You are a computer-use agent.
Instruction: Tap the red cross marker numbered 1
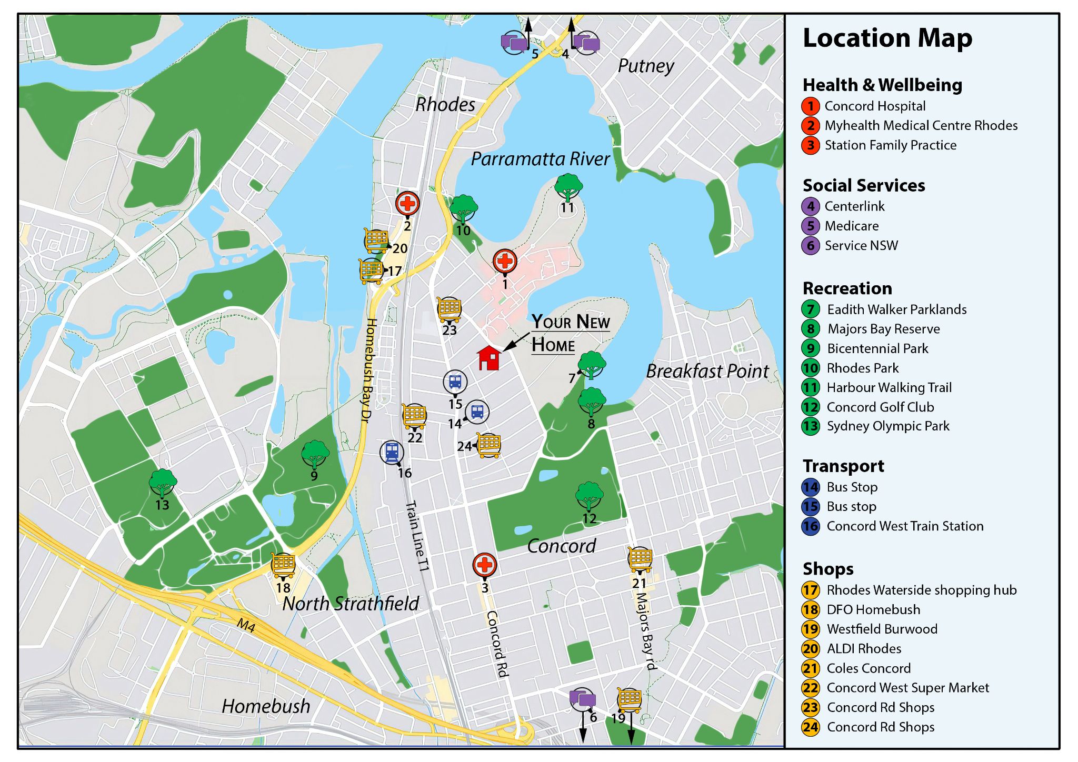[505, 261]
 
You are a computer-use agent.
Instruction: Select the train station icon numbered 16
[392, 452]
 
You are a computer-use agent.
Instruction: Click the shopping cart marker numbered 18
[283, 565]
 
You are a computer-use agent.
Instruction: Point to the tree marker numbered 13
[163, 483]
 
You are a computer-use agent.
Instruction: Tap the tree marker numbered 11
[568, 187]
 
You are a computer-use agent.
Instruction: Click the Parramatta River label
[540, 159]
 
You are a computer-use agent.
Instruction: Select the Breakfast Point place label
[707, 371]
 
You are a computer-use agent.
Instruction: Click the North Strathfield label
[351, 603]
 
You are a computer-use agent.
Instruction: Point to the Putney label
[645, 66]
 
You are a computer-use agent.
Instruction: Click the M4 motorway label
[246, 626]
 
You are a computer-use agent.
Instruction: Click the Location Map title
[887, 38]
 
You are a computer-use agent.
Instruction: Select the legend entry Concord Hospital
[874, 106]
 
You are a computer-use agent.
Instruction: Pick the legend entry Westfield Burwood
[882, 629]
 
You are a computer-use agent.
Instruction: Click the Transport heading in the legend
[843, 466]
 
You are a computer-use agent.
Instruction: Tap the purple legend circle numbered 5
[811, 226]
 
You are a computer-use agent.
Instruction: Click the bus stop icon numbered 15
[455, 382]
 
